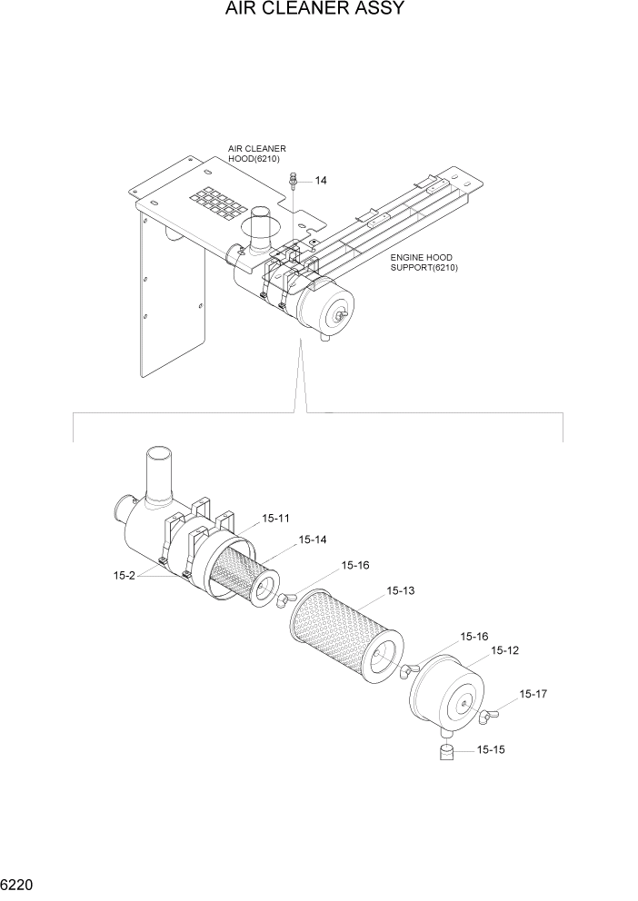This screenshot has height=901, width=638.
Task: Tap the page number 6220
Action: (20, 883)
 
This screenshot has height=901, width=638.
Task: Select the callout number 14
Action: (321, 181)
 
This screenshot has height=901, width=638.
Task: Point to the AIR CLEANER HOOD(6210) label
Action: (256, 153)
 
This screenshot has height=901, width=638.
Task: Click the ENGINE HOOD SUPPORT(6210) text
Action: (423, 262)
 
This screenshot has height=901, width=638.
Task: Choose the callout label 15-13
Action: (400, 590)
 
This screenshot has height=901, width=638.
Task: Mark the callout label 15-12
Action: (505, 650)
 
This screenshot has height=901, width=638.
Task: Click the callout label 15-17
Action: (534, 694)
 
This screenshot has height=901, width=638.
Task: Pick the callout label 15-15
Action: (491, 750)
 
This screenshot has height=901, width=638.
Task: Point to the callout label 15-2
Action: (125, 575)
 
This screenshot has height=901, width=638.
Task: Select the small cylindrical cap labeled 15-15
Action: (446, 752)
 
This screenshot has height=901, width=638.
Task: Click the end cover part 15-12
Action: (450, 695)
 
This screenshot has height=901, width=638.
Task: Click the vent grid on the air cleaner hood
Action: (216, 203)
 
